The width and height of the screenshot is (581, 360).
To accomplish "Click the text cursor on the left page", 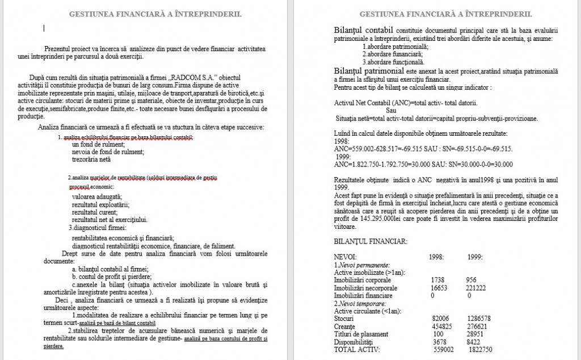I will [44, 28].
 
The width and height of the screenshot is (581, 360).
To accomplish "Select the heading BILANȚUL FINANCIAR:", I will [370, 241].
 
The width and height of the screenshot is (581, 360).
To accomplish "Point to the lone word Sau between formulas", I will [391, 111].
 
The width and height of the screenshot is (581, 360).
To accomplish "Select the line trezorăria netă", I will [91, 160].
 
